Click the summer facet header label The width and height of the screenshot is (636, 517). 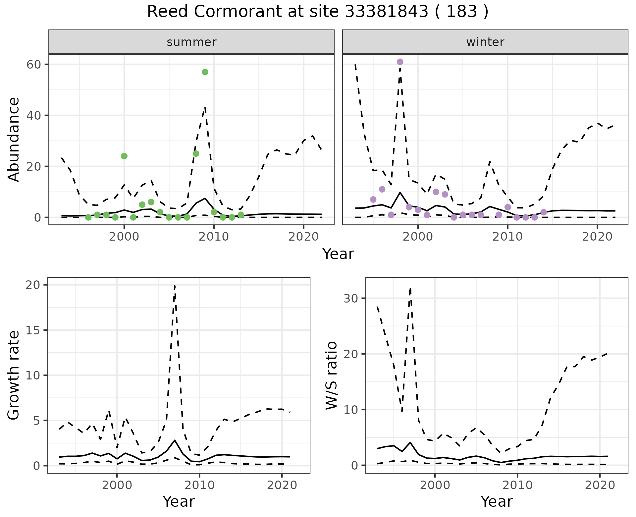(191, 42)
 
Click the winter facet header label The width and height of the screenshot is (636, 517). (485, 42)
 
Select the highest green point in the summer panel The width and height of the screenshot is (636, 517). (205, 72)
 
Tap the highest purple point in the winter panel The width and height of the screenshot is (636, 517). (400, 62)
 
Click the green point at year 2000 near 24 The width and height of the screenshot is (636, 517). (124, 156)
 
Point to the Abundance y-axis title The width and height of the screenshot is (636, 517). (14, 139)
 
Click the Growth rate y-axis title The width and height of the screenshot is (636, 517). (14, 375)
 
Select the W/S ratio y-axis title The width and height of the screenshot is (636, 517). (332, 375)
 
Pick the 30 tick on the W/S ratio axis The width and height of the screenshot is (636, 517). (350, 298)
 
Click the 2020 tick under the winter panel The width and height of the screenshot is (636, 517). (597, 237)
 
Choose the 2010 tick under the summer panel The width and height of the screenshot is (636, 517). (214, 237)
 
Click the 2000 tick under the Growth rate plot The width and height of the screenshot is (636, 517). (117, 486)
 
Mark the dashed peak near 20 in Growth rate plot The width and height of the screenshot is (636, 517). (175, 286)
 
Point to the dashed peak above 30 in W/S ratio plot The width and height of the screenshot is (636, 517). (410, 289)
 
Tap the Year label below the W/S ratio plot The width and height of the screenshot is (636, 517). (497, 501)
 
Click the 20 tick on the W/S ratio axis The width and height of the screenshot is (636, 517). (350, 354)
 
